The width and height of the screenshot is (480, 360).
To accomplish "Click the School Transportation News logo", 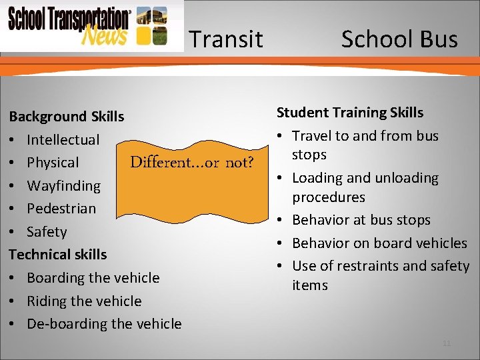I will (91, 26).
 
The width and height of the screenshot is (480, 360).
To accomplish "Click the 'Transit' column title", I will (225, 40).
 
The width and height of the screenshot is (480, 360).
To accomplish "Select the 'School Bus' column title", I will (399, 40).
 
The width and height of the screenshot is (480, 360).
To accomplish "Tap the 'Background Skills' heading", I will (67, 117).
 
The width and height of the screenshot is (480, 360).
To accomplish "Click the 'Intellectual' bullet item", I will (63, 140).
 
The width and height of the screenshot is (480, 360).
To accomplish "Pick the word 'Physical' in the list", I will (53, 163).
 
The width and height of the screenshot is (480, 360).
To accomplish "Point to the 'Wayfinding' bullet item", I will (63, 186).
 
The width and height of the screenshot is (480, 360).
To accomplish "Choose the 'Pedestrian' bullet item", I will (61, 209).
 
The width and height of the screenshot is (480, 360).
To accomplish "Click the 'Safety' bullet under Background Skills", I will (47, 232).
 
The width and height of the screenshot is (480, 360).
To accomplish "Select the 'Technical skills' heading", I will (58, 255).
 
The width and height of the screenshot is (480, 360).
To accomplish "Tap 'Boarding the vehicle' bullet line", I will (93, 278).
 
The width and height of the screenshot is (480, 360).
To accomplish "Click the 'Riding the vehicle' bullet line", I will (84, 301).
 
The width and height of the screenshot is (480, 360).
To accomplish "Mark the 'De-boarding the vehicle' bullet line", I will (104, 324).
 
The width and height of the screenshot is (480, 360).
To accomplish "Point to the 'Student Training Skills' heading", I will (350, 113).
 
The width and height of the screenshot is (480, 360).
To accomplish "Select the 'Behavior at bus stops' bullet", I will (361, 220).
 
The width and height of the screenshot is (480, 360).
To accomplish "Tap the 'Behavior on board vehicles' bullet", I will (379, 243).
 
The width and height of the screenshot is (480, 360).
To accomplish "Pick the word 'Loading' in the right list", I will (317, 178).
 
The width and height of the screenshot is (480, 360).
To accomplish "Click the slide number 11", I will (447, 343).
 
